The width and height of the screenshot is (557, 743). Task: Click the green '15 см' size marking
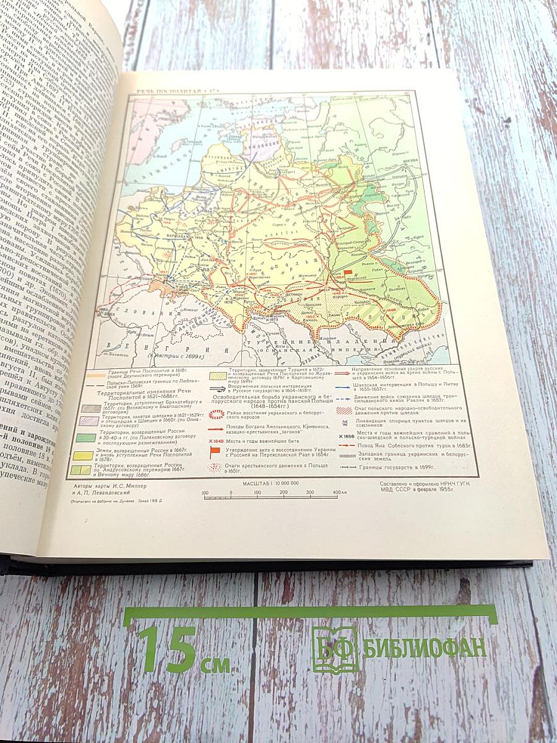tap(183, 650)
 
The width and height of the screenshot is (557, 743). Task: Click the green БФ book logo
tap(334, 649)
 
